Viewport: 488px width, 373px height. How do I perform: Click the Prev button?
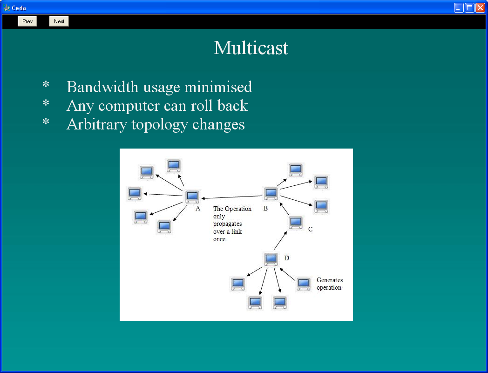27,21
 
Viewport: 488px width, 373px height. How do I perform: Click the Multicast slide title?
251,48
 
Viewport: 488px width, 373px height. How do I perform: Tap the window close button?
480,7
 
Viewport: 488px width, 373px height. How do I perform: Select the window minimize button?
459,7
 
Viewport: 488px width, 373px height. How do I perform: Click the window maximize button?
469,7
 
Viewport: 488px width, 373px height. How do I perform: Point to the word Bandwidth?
102,87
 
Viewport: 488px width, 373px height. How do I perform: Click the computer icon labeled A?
192,197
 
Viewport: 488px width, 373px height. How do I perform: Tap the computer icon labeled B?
271,194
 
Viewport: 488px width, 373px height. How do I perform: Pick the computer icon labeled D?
271,259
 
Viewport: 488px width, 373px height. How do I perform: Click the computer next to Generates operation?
304,284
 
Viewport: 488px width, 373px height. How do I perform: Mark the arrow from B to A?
232,197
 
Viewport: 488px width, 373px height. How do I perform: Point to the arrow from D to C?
280,240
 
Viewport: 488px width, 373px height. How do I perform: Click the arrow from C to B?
285,209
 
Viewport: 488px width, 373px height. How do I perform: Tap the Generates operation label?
330,284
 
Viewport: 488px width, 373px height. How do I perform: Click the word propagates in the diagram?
228,224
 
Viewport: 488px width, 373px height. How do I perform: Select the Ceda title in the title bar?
19,8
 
